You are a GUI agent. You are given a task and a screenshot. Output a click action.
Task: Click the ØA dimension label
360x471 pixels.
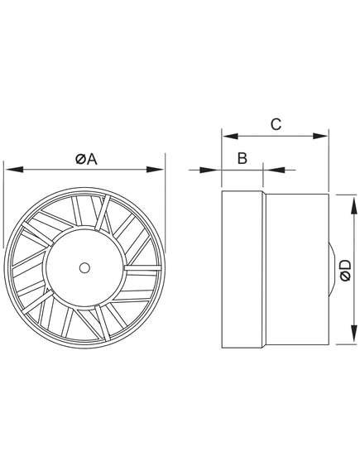pos(86,159)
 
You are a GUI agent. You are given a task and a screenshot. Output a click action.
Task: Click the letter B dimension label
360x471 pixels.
pos(242,158)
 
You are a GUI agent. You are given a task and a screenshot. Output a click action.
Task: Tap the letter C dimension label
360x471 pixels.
pos(276,124)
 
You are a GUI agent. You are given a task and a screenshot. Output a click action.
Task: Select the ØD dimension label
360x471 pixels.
pos(346,270)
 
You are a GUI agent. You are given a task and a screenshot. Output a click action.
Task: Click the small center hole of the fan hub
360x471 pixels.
pos(84,267)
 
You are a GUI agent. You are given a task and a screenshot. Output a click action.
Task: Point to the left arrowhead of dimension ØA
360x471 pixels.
pos(14,170)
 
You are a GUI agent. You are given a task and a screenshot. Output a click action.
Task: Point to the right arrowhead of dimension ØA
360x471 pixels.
pos(155,170)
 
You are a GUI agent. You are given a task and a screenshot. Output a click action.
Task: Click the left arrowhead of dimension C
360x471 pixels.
pos(231,136)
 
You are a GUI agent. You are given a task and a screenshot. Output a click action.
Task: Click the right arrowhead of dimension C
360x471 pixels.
pos(320,136)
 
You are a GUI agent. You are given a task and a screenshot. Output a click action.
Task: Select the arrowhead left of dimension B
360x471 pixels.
pos(208,170)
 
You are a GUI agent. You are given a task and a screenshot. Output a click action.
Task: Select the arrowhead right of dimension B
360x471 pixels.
pos(276,170)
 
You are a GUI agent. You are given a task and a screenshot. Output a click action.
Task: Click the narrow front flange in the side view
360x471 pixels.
pos(242,270)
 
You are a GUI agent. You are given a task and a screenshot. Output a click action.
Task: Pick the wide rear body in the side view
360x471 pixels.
pos(296,269)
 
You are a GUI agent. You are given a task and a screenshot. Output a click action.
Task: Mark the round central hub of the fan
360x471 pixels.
pos(84,267)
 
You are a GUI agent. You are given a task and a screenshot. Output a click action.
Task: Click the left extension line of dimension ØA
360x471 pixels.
pos(3,204)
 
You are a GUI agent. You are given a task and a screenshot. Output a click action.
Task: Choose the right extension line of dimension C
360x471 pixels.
pos(329,160)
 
